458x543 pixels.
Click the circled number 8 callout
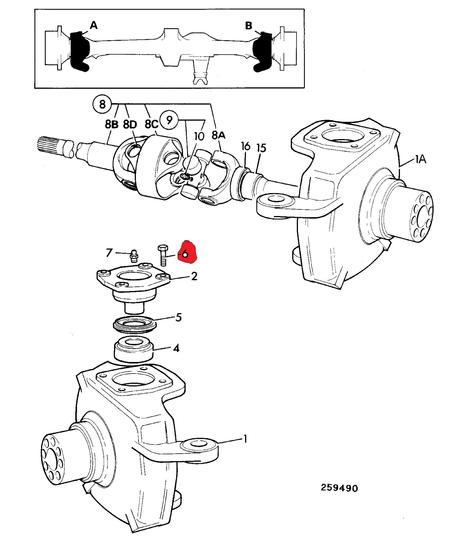point(102,104)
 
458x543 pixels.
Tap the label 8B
point(111,125)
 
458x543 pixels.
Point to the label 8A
point(218,135)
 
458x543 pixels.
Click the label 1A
point(420,159)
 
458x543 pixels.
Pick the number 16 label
point(245,146)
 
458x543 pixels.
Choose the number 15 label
point(261,148)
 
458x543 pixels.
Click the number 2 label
point(194,276)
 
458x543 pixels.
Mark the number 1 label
point(245,439)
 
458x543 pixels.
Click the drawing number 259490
point(339,488)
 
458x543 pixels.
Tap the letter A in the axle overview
point(94,25)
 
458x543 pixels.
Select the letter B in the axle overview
point(249,25)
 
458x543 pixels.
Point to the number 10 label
point(199,136)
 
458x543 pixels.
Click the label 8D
point(130,125)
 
